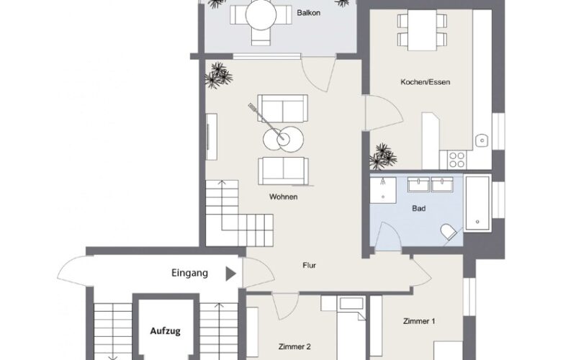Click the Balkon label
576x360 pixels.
point(309,13)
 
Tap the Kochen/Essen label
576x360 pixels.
point(425,82)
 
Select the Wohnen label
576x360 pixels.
point(283,197)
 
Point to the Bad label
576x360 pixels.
point(419,209)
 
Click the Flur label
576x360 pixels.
point(310,265)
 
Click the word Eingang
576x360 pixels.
point(189,273)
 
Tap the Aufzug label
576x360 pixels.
point(166,331)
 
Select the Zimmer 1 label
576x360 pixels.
point(419,321)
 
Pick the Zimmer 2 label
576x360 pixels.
point(294,346)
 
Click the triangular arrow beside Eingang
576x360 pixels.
point(230,274)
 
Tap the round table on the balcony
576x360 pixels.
point(261,15)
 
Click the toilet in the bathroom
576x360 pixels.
point(448,231)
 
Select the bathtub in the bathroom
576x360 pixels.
point(477,203)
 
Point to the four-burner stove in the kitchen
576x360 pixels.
point(456,159)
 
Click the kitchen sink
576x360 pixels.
point(481,140)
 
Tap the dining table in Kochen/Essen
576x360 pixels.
point(422,30)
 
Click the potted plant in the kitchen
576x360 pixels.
point(383,157)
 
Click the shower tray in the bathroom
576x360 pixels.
point(383,190)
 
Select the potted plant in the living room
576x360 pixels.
point(219,75)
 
